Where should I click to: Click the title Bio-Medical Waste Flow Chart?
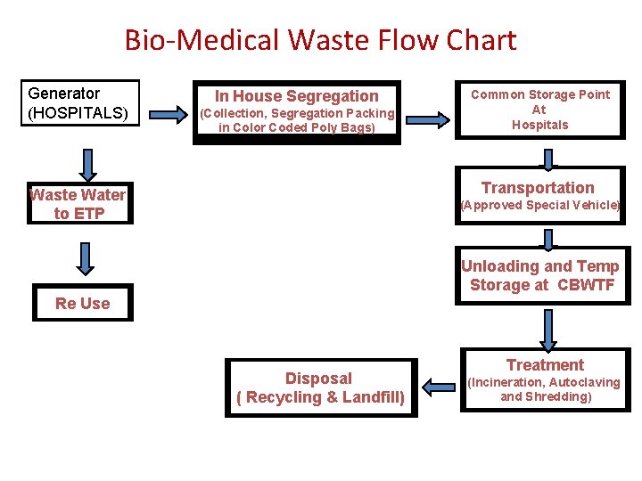[320, 40]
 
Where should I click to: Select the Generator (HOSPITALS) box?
[80, 103]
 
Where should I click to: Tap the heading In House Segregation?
[296, 95]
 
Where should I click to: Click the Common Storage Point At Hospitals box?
[540, 110]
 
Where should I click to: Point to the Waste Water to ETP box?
[78, 204]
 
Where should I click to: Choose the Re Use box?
[82, 303]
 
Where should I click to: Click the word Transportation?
[538, 187]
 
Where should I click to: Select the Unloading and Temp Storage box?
[540, 276]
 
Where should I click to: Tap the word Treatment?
[545, 364]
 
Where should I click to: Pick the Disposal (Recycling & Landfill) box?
[320, 387]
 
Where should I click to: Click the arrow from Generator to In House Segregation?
[166, 114]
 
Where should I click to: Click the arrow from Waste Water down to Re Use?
[85, 258]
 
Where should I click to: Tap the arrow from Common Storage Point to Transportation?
[548, 158]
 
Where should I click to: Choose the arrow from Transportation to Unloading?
[548, 239]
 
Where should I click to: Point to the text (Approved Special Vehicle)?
[539, 205]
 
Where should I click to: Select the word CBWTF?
[587, 285]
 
